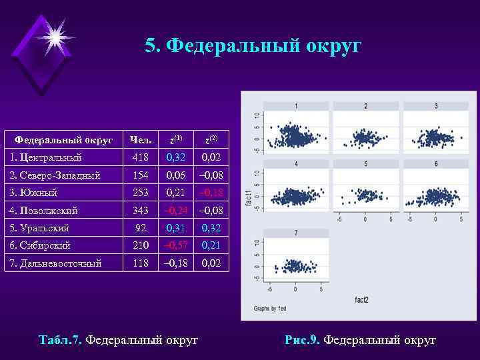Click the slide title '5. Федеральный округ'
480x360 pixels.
pyautogui.click(x=253, y=46)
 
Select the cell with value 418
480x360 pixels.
pyautogui.click(x=140, y=158)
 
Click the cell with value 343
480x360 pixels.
pyautogui.click(x=140, y=211)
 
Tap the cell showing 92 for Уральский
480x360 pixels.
pyautogui.click(x=140, y=228)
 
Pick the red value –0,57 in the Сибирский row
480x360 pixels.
pyautogui.click(x=176, y=245)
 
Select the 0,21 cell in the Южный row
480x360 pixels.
pyautogui.click(x=176, y=193)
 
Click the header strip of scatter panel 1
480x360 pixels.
pyautogui.click(x=296, y=106)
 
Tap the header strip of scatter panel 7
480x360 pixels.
pyautogui.click(x=296, y=233)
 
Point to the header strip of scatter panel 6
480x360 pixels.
pyautogui.click(x=436, y=164)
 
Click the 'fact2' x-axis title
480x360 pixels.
pyautogui.click(x=362, y=299)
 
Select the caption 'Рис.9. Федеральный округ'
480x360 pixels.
pyautogui.click(x=360, y=340)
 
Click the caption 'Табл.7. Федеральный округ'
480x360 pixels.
pyautogui.click(x=119, y=340)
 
